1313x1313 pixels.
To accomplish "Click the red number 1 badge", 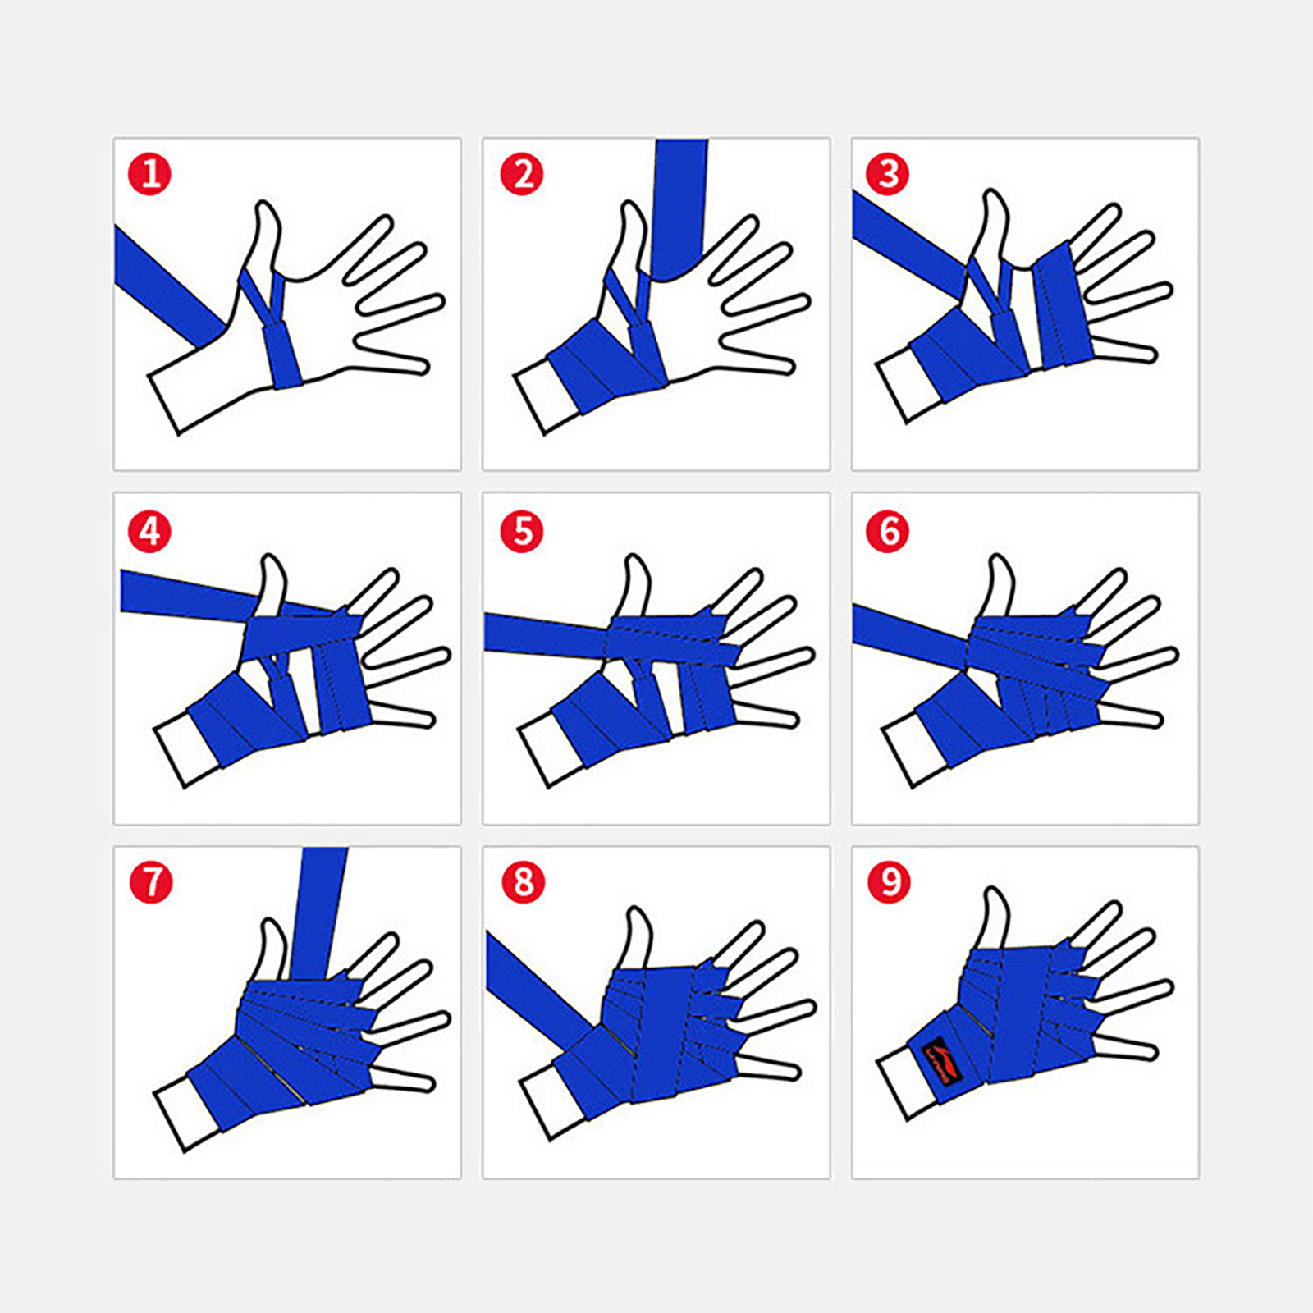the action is pos(149,174).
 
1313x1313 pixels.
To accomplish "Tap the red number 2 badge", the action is pos(522,174).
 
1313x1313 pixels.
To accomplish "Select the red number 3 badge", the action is pos(887,174).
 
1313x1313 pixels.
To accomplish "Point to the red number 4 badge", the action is pos(149,531).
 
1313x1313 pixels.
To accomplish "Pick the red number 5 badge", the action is pos(522,531).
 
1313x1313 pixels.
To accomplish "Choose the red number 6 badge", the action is pos(887,531).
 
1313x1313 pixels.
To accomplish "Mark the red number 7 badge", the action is pos(151,882).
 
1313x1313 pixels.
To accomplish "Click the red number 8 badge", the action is pos(524,882).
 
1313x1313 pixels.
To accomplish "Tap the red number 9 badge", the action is pos(890,882).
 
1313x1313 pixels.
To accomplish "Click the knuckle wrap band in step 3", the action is pos(1064,305).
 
